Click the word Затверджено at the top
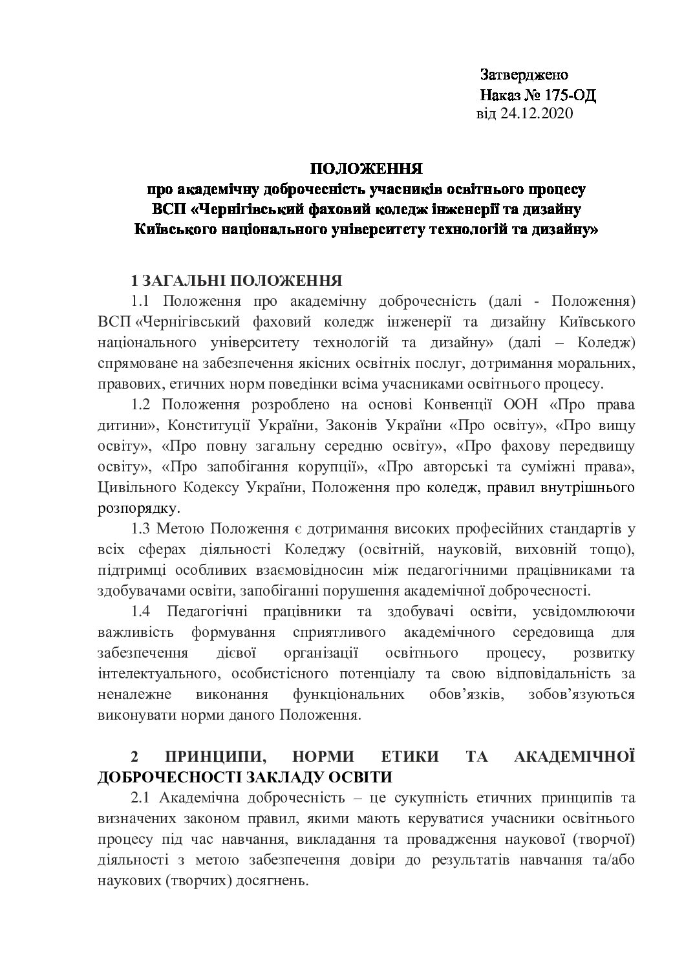tap(524, 75)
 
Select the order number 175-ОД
tap(570, 96)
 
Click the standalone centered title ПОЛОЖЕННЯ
tap(366, 169)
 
